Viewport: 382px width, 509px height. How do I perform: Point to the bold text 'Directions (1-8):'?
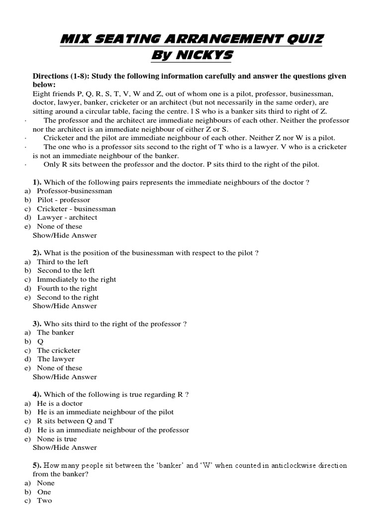pos(62,76)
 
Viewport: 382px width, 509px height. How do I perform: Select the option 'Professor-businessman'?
pos(75,191)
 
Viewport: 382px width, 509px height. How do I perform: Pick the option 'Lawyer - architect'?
pos(67,217)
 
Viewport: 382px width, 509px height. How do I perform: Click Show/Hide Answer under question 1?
pos(65,235)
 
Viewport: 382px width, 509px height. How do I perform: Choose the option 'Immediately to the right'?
pos(77,279)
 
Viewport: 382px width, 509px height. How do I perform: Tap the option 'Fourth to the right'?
pos(67,288)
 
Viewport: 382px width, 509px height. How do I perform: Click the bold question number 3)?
pos(37,324)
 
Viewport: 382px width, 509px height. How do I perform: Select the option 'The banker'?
pos(56,333)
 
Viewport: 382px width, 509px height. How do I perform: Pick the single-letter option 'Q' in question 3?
pos(40,341)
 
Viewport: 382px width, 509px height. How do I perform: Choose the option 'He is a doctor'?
pos(60,403)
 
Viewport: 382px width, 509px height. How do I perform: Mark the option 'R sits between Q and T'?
pos(72,421)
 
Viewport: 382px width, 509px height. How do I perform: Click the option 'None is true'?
pos(57,439)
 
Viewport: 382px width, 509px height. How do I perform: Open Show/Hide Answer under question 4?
pos(65,447)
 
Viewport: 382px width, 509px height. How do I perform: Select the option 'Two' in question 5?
pos(44,501)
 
